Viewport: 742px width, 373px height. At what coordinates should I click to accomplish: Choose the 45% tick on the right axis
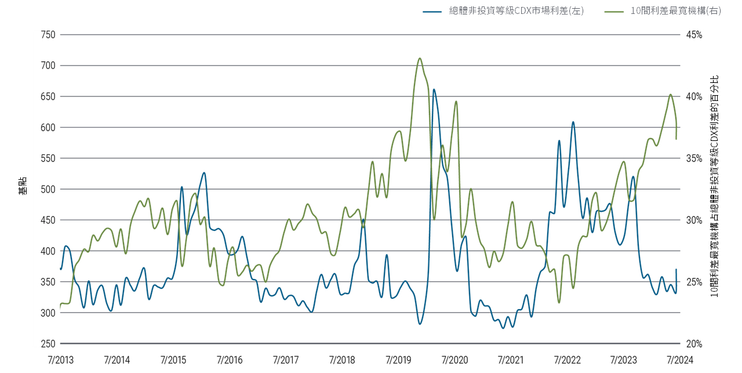[x=694, y=34]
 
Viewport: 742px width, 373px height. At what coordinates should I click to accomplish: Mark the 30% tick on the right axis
[x=694, y=220]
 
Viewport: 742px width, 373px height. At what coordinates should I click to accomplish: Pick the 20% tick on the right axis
[x=694, y=343]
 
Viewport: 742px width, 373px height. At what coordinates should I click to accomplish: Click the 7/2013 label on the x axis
[x=61, y=360]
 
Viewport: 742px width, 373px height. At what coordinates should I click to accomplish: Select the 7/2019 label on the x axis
[x=398, y=360]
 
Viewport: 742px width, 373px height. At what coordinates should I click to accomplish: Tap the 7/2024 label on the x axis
[x=679, y=360]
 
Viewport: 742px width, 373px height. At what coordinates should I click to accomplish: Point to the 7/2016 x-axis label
[x=230, y=360]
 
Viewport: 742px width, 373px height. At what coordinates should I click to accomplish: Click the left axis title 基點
[x=21, y=186]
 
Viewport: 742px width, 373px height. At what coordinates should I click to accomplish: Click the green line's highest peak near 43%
[x=419, y=58]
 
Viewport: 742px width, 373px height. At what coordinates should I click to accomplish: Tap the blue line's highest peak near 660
[x=434, y=89]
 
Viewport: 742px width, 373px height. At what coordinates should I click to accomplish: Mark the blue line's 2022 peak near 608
[x=573, y=122]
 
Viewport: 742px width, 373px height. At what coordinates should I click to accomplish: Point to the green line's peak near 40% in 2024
[x=670, y=95]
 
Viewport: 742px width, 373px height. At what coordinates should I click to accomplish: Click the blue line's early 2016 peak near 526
[x=204, y=173]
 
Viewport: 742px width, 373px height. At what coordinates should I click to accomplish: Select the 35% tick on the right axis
[x=694, y=158]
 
